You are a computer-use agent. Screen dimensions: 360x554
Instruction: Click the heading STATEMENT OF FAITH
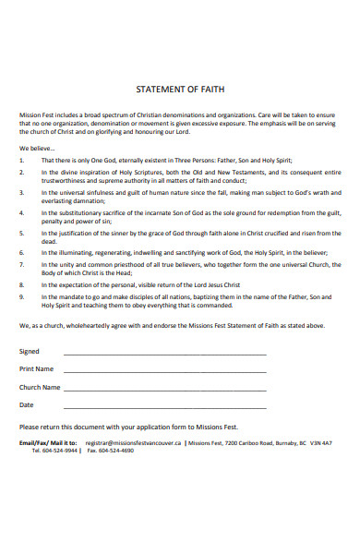tap(180, 89)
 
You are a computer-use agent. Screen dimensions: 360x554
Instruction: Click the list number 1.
tap(22, 159)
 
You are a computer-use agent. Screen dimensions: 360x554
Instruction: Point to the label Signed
tap(30, 351)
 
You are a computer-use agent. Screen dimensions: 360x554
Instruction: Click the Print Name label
tap(37, 368)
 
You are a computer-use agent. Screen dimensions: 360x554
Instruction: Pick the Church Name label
tap(40, 387)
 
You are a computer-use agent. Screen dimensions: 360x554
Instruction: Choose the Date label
tap(27, 404)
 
